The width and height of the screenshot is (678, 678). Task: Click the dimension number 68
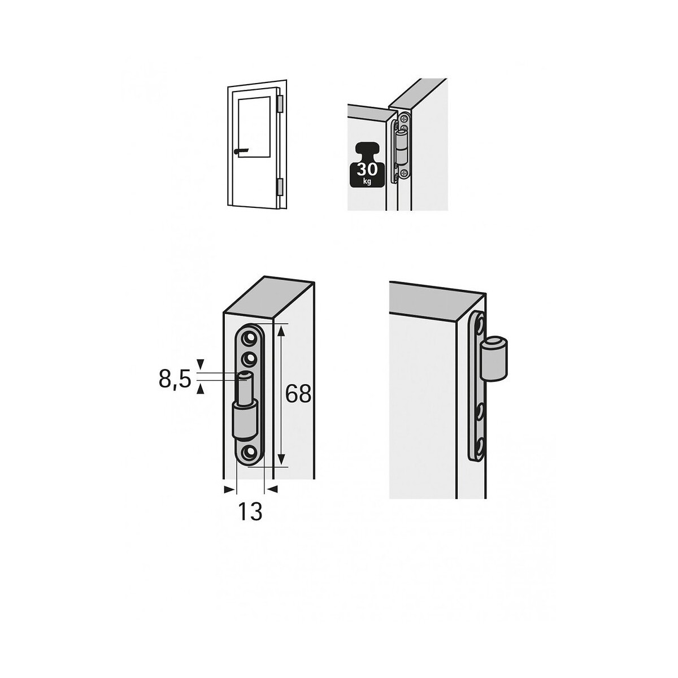pyautogui.click(x=298, y=393)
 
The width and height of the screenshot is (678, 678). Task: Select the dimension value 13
pyautogui.click(x=250, y=511)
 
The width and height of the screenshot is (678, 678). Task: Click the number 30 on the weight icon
pyautogui.click(x=367, y=169)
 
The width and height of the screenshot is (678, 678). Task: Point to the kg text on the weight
pyautogui.click(x=367, y=181)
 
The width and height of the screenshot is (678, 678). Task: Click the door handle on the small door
pyautogui.click(x=240, y=151)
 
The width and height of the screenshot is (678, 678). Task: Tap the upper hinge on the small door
pyautogui.click(x=280, y=104)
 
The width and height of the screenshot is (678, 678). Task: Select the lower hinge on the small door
pyautogui.click(x=280, y=187)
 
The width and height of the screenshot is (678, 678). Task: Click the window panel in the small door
pyautogui.click(x=254, y=127)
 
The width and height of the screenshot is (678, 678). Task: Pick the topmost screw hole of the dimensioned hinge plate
pyautogui.click(x=250, y=338)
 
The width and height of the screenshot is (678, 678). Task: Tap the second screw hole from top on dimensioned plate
pyautogui.click(x=250, y=359)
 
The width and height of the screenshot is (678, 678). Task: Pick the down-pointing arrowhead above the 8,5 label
pyautogui.click(x=200, y=363)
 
